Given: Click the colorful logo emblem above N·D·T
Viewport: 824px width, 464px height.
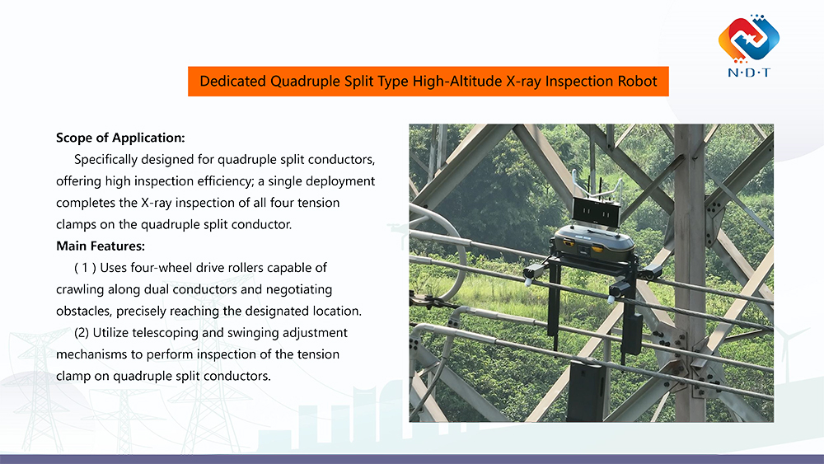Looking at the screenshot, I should (748, 39).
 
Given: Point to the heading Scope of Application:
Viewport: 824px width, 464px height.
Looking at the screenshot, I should (120, 137).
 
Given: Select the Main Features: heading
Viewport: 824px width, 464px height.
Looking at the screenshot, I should (101, 246).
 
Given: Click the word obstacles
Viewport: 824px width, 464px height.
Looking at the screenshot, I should (84, 312).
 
